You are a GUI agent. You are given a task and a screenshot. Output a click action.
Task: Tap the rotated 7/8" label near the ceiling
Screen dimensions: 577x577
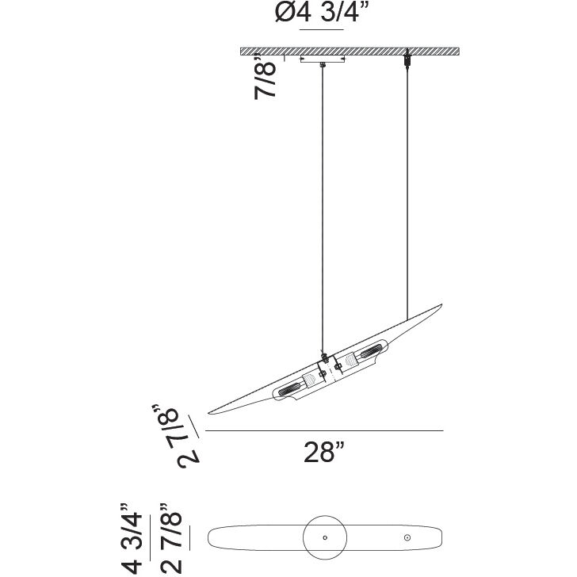(x=265, y=76)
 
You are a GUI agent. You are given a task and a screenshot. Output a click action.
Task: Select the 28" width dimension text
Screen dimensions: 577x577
(x=324, y=453)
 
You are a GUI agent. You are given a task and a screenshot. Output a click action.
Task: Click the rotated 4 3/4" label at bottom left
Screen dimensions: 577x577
(x=132, y=540)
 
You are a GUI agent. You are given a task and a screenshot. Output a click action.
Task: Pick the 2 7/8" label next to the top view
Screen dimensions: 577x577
(x=171, y=540)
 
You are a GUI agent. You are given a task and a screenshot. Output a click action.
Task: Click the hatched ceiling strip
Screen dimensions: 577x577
(x=350, y=52)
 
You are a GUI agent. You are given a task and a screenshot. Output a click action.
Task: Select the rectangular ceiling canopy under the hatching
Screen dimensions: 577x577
(x=323, y=59)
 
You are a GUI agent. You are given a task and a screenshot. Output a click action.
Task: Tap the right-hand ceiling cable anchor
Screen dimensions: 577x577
(x=407, y=59)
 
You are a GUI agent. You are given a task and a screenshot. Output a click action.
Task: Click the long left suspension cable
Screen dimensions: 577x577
(x=323, y=210)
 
